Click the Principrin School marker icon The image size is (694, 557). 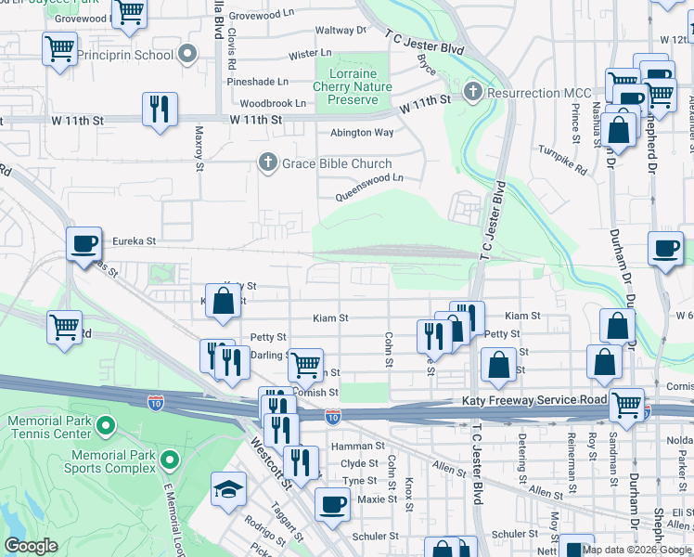click(189, 55)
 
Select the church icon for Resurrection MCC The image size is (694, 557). click(473, 93)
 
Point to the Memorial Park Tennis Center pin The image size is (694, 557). click(105, 428)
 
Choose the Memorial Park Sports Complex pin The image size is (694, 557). click(169, 460)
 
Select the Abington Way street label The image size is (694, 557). click(363, 133)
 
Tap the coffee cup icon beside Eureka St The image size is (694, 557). click(84, 244)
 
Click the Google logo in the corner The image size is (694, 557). click(31, 546)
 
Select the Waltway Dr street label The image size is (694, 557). click(341, 31)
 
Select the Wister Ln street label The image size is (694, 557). click(310, 55)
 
